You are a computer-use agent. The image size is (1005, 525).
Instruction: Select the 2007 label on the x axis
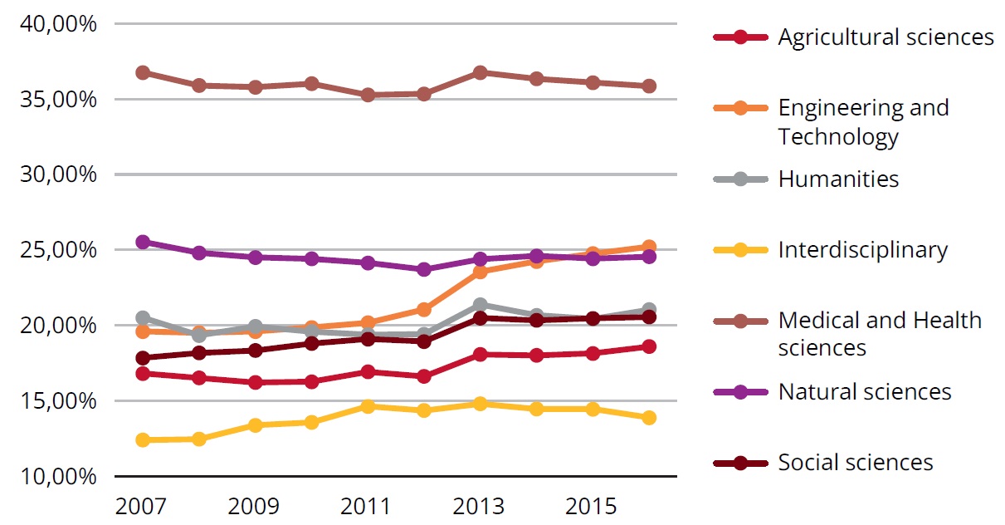(142, 506)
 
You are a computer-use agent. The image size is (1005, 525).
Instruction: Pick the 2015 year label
(592, 506)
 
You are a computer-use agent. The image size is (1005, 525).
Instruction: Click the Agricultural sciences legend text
(885, 37)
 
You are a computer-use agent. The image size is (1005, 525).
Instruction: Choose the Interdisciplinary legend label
(862, 250)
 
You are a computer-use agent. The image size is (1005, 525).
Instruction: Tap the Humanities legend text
(838, 179)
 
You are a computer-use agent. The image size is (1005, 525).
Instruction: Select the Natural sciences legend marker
(740, 391)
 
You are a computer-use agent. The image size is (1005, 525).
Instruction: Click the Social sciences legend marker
(740, 463)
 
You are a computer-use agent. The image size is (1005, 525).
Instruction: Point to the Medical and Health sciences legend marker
(740, 321)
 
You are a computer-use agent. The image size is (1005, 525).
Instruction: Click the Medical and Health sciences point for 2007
(143, 72)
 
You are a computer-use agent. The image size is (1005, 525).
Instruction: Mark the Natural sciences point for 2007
(143, 242)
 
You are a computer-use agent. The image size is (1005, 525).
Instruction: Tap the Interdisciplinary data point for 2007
(143, 439)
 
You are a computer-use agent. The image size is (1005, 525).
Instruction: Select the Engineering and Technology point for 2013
(480, 272)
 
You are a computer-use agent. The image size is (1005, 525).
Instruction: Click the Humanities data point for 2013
(480, 305)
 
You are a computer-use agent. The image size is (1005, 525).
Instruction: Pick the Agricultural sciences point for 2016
(649, 346)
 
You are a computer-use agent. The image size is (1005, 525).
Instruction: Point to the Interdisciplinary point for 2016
(649, 417)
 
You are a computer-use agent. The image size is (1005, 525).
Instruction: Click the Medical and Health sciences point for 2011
(368, 95)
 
